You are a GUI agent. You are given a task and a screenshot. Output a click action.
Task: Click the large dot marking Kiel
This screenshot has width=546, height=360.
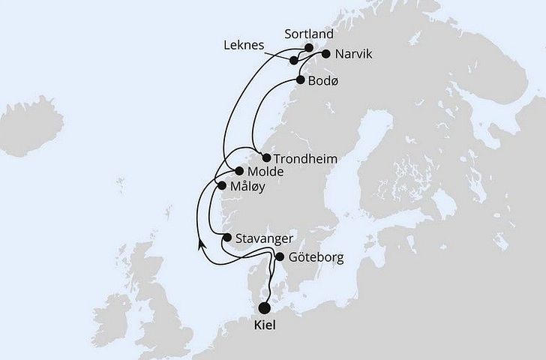tap(265, 307)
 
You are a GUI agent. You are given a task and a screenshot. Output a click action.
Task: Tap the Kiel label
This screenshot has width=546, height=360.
tap(265, 326)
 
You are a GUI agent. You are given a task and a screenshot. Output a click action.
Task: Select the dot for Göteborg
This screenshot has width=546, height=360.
tap(279, 257)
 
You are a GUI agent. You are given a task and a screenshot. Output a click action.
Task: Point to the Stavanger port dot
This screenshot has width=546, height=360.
tap(226, 238)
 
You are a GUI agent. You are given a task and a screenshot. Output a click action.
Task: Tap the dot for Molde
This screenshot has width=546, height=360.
tap(238, 171)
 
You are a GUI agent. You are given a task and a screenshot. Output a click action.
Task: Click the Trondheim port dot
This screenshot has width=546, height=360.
tap(266, 157)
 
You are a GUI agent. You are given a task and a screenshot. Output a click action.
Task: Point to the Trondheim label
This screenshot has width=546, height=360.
tap(305, 159)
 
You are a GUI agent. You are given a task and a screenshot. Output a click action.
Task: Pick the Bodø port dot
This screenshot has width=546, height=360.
tap(300, 79)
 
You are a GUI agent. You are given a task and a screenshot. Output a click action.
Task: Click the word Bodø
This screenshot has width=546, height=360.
tap(323, 80)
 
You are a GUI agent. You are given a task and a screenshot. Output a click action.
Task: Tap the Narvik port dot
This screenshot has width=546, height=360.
tap(325, 54)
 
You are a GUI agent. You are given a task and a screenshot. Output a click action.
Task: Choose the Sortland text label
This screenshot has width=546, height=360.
tap(310, 34)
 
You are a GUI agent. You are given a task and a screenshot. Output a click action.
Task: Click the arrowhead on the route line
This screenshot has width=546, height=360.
tap(200, 244)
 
